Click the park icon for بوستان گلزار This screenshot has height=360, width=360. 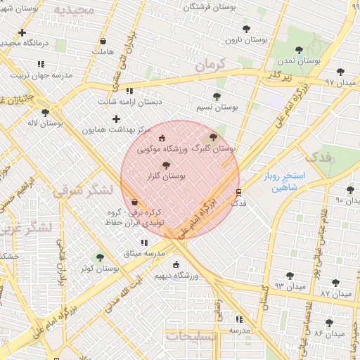tap(166, 165)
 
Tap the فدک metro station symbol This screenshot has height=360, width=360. tap(238, 191)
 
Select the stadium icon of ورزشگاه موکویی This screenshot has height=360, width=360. tap(163, 138)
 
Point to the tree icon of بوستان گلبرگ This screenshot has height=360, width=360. tap(214, 137)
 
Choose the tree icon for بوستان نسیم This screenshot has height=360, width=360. tap(216, 96)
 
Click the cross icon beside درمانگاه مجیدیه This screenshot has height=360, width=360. tap(22, 32)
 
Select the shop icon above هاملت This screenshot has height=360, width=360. tap(103, 41)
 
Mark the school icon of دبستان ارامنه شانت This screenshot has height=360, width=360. tap(129, 91)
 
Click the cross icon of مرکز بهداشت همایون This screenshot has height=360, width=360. tap(116, 119)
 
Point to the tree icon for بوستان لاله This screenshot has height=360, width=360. tap(46, 112)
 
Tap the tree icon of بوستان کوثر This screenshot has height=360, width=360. tap(100, 257)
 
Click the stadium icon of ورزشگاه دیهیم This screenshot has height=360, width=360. tap(176, 264)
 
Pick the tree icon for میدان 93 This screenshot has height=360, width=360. tap(290, 276)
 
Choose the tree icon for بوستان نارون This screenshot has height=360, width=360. tap(246, 29)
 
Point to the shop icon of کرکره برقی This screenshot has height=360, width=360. tap(134, 202)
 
